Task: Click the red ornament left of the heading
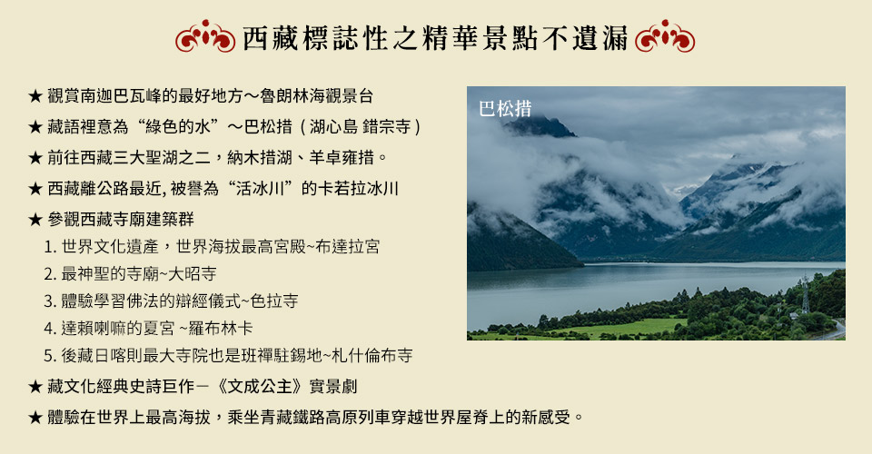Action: [205, 36]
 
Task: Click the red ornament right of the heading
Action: [665, 36]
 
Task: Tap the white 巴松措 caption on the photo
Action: [505, 109]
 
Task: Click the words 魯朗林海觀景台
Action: [316, 96]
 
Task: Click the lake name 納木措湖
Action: [260, 158]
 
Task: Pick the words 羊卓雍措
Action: [342, 158]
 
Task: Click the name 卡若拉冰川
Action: [358, 188]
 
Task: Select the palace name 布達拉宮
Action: [348, 246]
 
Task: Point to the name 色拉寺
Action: [274, 301]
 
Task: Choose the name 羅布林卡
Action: [221, 328]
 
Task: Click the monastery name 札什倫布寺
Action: [372, 355]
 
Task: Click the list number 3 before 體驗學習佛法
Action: [49, 301]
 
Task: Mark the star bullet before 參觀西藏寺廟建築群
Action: [35, 220]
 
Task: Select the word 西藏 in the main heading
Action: [271, 38]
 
